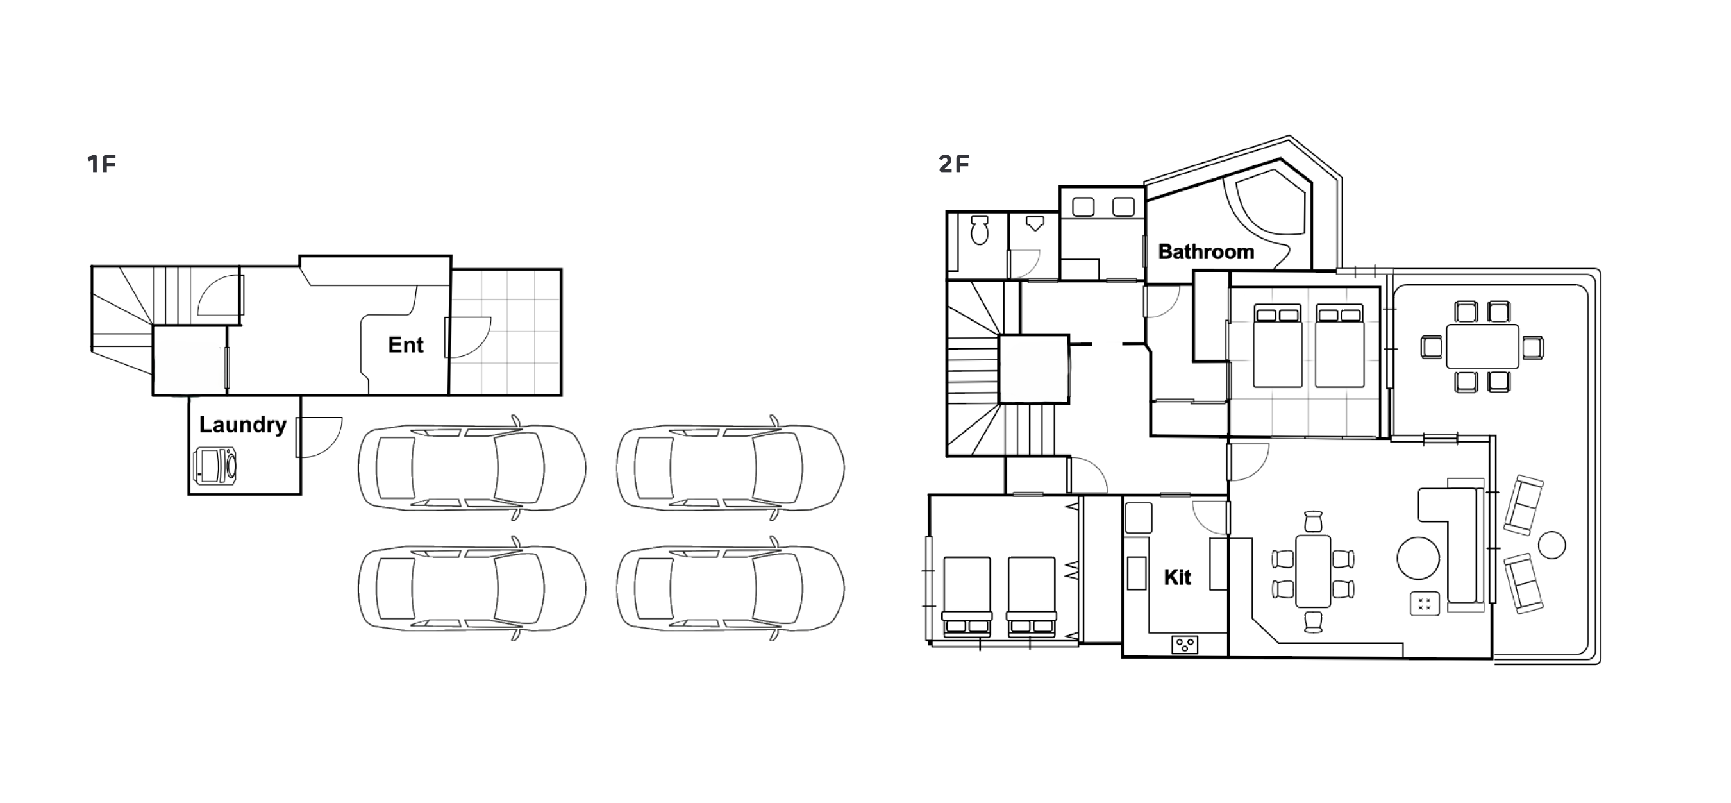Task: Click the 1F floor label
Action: click(101, 164)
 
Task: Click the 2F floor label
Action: click(953, 164)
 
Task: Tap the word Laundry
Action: click(242, 425)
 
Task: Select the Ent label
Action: click(406, 344)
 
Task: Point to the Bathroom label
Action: click(1206, 252)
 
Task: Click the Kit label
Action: click(1177, 577)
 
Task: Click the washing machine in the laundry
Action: click(215, 465)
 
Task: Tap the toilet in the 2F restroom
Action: click(980, 230)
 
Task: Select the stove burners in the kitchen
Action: click(1184, 645)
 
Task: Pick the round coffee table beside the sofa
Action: click(1418, 558)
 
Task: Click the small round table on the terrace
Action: click(1551, 545)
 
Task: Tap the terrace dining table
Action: click(1482, 347)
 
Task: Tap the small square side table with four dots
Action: click(1424, 604)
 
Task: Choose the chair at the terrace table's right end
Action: click(1533, 348)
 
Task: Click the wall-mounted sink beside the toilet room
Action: click(1035, 223)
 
